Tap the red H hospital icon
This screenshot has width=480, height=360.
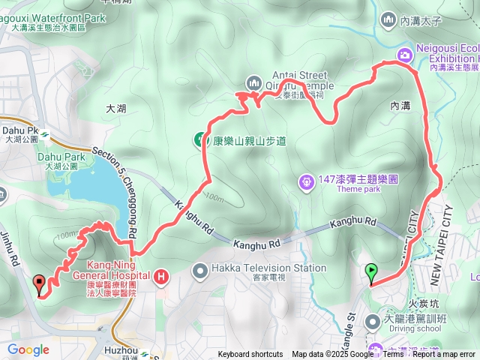pyautogui.click(x=161, y=279)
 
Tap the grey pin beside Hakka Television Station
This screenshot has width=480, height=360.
pyautogui.click(x=200, y=269)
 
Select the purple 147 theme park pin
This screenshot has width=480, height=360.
pyautogui.click(x=306, y=181)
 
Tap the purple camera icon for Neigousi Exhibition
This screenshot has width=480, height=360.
pyautogui.click(x=404, y=54)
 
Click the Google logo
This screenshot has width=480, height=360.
pyautogui.click(x=28, y=349)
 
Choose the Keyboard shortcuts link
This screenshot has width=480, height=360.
pyautogui.click(x=250, y=354)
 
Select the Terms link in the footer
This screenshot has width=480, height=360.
pyautogui.click(x=393, y=354)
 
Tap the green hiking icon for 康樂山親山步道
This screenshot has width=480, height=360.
pyautogui.click(x=201, y=139)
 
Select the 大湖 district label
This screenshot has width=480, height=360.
pyautogui.click(x=116, y=109)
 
